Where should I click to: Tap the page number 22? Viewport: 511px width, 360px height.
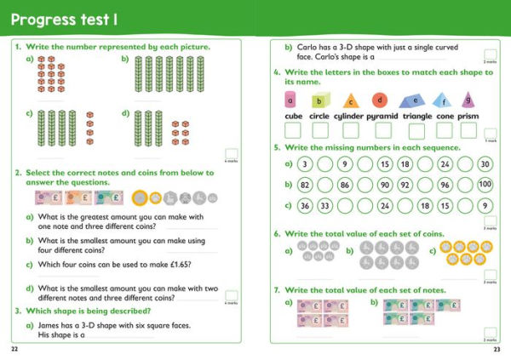(x=14, y=349)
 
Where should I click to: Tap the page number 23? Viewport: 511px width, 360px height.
(x=497, y=349)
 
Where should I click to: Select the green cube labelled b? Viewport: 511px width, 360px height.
(x=319, y=100)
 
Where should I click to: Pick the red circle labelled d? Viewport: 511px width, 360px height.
(x=379, y=99)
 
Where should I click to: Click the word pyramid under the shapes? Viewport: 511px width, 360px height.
(x=383, y=116)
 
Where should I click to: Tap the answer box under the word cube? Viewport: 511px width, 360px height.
(x=292, y=130)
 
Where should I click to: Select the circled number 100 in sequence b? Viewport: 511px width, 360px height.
(x=485, y=184)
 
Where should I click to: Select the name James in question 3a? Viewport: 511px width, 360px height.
(x=49, y=325)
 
